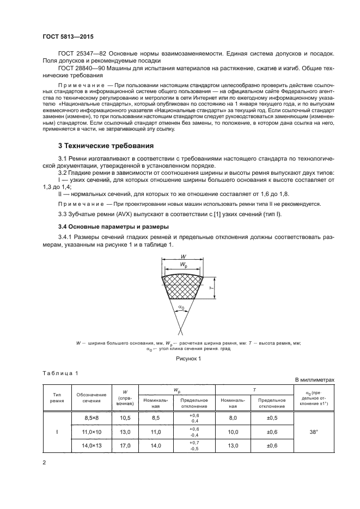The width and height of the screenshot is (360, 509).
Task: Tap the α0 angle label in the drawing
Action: (181, 307)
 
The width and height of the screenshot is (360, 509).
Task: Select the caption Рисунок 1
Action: (180, 359)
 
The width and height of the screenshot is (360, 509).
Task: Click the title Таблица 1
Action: (60, 372)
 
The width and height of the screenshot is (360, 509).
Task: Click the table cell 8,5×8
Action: (91, 417)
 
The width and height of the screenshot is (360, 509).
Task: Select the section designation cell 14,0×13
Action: (91, 445)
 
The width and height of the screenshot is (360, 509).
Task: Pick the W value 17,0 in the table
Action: (125, 445)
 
